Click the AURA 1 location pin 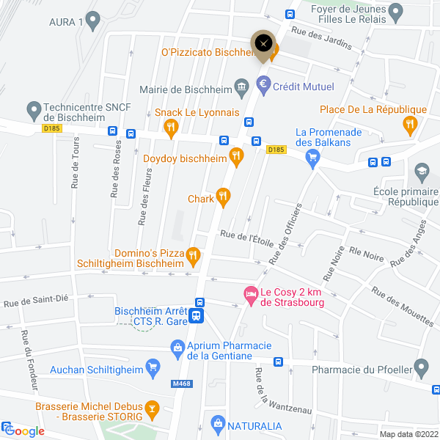(92, 21)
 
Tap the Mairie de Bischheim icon (241, 87)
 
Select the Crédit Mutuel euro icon (263, 87)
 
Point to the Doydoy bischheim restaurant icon (235, 155)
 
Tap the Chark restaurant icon (224, 196)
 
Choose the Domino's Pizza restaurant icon (193, 255)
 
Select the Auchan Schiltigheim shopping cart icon (153, 366)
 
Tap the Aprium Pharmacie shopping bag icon (177, 347)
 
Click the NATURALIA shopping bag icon (217, 424)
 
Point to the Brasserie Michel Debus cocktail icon (151, 408)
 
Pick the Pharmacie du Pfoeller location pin (421, 366)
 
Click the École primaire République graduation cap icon (422, 173)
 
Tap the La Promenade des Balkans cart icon (313, 155)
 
